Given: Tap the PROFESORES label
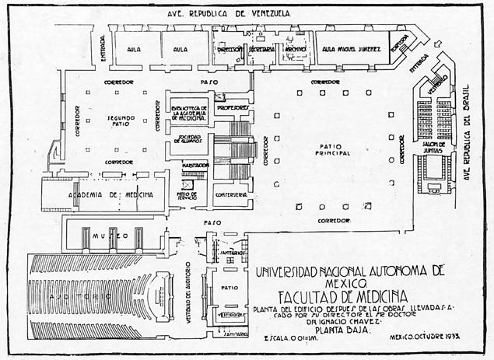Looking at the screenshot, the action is point(233,107).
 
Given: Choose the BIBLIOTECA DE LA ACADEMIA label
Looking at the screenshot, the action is point(187,110).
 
